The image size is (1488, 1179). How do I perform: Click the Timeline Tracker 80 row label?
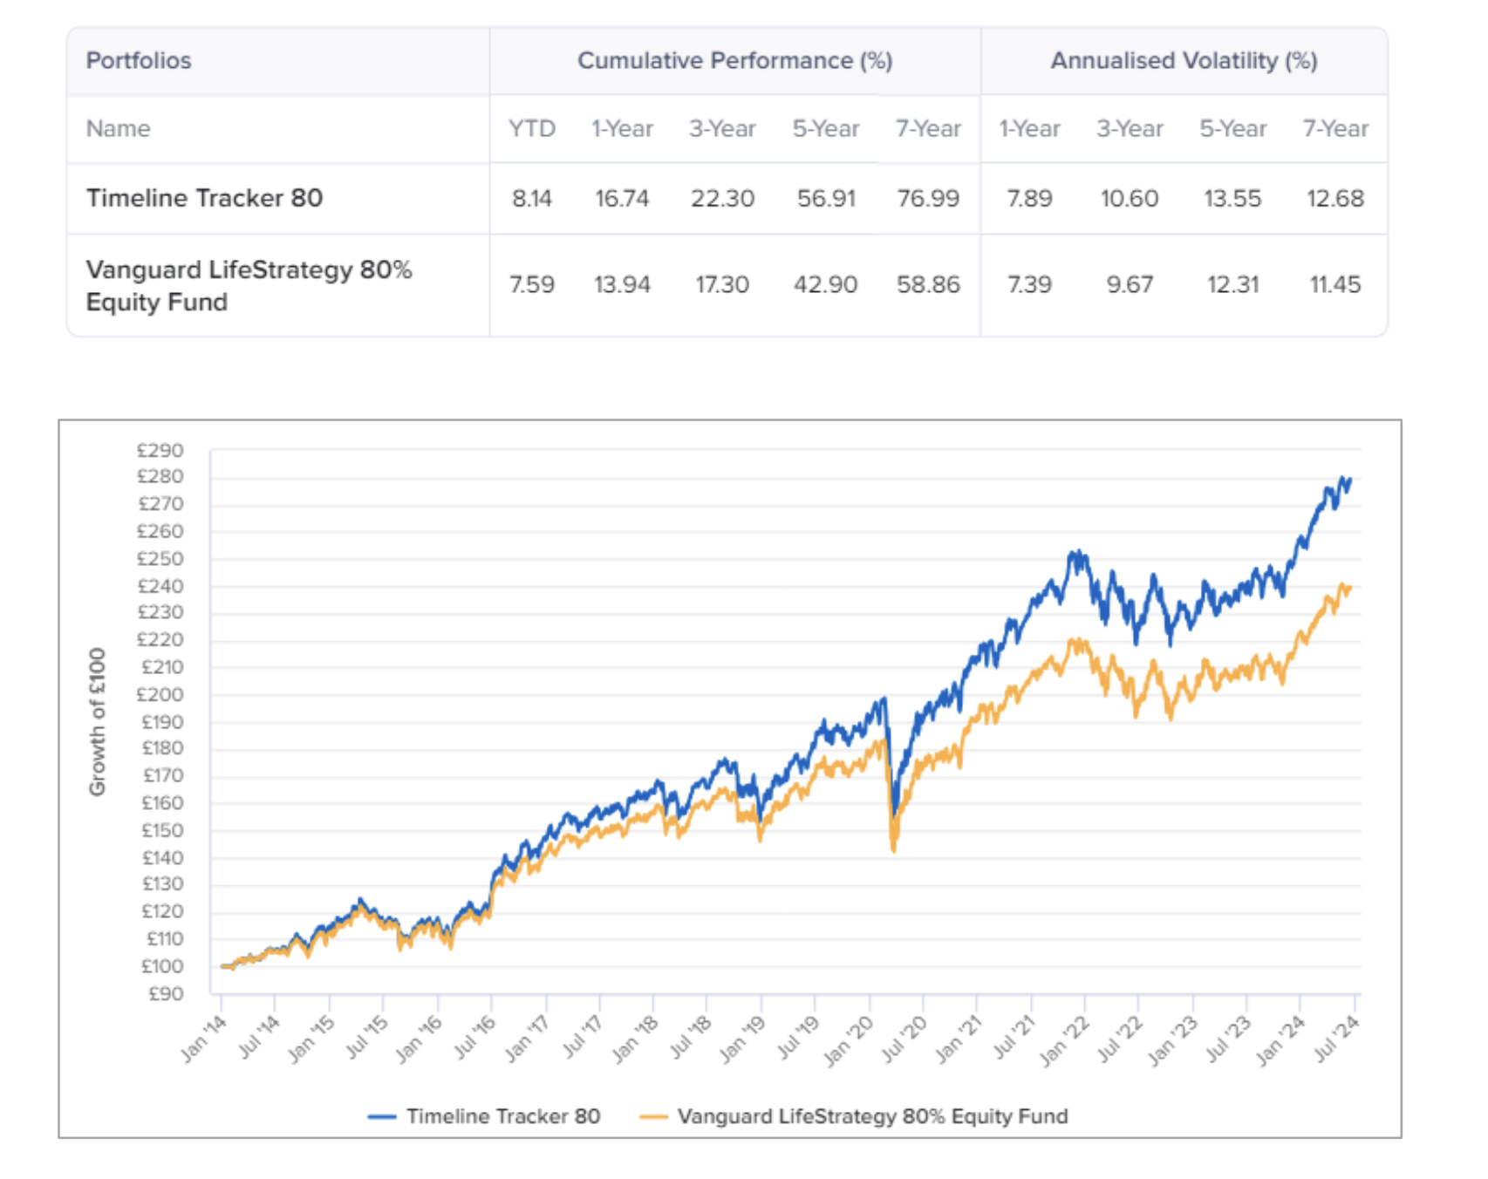[204, 198]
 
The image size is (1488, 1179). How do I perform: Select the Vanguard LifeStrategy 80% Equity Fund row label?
[249, 285]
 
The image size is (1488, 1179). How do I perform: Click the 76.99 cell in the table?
[927, 198]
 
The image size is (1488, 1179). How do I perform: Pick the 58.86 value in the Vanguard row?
[927, 284]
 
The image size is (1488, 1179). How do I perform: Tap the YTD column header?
[531, 129]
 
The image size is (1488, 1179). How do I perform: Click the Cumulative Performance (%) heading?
[734, 60]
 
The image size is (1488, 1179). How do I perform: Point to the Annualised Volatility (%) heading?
[1184, 60]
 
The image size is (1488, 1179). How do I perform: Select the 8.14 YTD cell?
[531, 198]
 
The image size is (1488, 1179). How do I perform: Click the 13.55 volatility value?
[1232, 198]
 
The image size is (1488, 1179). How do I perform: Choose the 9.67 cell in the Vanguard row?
[1130, 284]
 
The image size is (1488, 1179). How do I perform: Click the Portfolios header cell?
[138, 60]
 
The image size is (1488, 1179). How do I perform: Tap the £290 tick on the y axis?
[160, 450]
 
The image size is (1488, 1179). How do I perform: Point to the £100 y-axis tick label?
[162, 966]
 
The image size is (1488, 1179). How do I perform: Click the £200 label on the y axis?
[160, 694]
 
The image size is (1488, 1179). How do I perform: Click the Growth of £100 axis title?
[97, 721]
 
